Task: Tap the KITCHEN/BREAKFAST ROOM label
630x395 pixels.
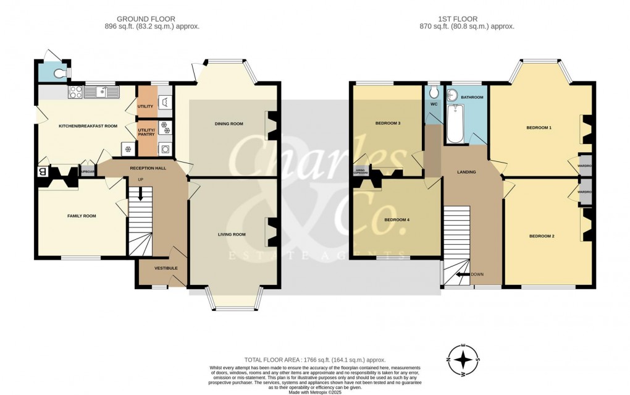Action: point(88,126)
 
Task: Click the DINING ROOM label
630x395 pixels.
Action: point(229,124)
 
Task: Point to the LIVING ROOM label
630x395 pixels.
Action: point(232,234)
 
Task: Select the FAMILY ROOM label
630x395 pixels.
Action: point(82,216)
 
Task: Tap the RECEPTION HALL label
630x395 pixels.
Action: point(145,168)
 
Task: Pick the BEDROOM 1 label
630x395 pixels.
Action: point(539,127)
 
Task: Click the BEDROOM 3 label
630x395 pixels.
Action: point(388,123)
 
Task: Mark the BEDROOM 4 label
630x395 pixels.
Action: point(397,219)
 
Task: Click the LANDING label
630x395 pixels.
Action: point(466,172)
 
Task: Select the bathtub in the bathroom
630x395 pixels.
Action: point(455,123)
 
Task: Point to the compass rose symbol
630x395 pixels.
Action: point(463,359)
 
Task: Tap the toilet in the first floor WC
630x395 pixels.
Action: point(434,92)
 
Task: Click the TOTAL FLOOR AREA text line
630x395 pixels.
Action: point(315,360)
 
